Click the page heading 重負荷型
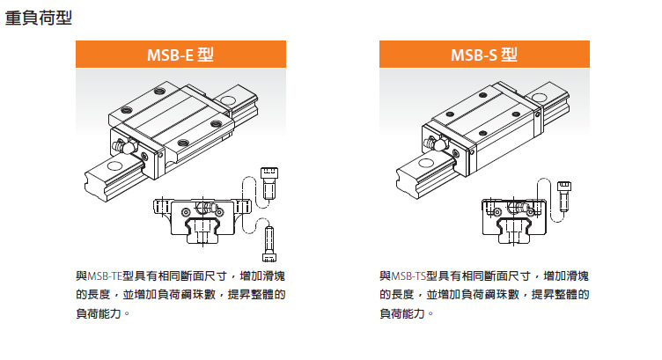[39, 18]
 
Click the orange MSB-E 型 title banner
[180, 54]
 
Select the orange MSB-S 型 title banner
[484, 54]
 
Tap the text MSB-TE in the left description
[105, 276]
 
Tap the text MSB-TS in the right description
[408, 276]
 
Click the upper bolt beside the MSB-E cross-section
[269, 183]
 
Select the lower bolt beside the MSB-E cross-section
[269, 244]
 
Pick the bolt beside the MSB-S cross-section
[564, 196]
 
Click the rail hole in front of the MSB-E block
[114, 165]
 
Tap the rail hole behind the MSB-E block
[227, 100]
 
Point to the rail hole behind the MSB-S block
[539, 98]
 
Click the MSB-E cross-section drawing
[202, 220]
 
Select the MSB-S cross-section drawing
[514, 220]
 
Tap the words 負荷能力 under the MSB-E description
[99, 313]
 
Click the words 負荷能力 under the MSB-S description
[402, 313]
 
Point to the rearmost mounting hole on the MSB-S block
[482, 95]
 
